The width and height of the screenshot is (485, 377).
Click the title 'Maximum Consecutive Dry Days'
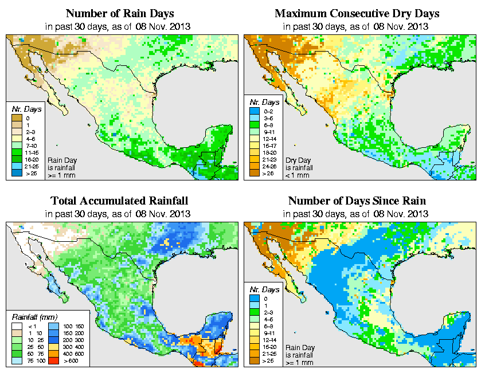pyautogui.click(x=357, y=13)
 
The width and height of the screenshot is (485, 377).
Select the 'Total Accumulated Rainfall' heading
pyautogui.click(x=119, y=201)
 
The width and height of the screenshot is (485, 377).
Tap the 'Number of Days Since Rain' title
pyautogui.click(x=357, y=201)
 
